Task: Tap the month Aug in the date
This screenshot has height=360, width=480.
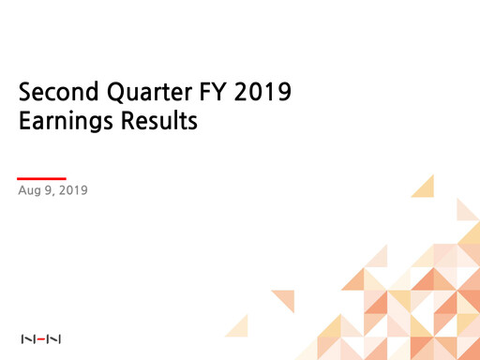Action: coord(30,191)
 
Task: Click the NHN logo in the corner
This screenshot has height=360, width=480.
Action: coord(40,338)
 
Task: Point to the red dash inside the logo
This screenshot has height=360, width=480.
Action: coord(40,338)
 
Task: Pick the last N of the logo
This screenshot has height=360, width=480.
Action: coord(55,338)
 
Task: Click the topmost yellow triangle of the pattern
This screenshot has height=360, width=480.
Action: coord(425,187)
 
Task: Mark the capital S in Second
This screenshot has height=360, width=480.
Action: coord(25,94)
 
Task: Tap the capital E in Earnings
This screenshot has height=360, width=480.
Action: coord(24,122)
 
